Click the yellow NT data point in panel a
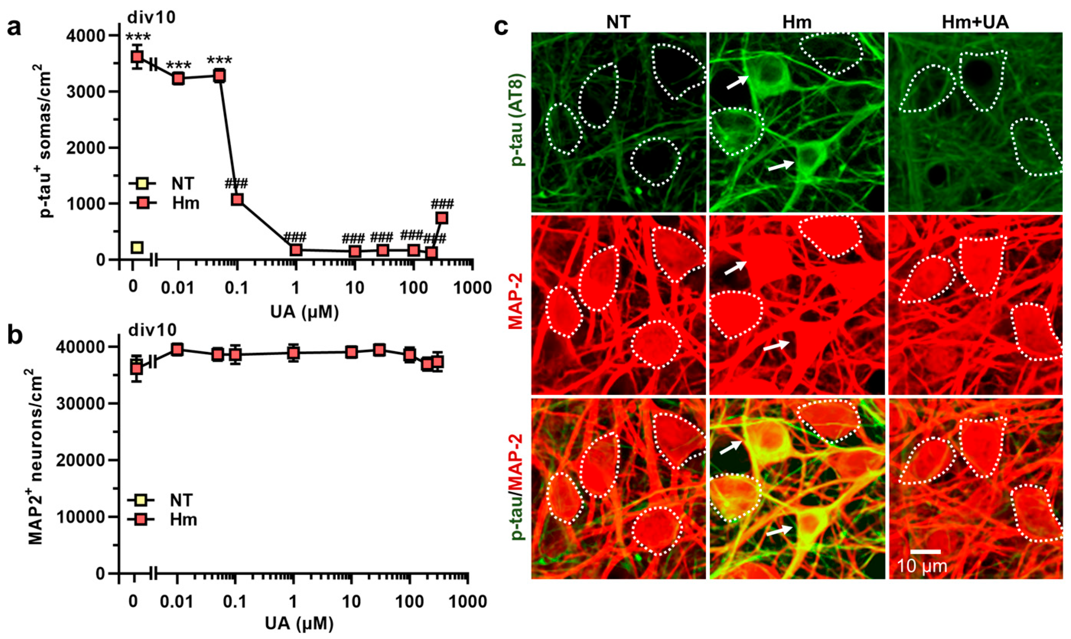point(137,247)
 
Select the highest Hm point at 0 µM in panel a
point(137,57)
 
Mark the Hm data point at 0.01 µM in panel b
point(177,350)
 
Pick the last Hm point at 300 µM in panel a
point(441,218)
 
